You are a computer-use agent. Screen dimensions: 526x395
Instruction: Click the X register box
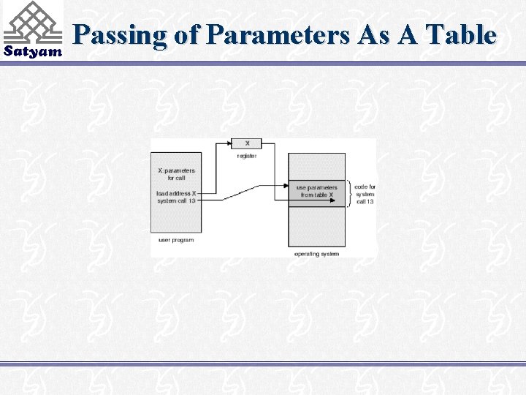pyautogui.click(x=246, y=143)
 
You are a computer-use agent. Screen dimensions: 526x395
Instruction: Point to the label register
pyautogui.click(x=246, y=156)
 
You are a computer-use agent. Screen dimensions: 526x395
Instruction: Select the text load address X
pyautogui.click(x=176, y=193)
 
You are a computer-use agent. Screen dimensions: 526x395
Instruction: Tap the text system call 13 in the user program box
pyautogui.click(x=176, y=200)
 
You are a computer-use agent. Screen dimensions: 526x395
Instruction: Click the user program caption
pyautogui.click(x=176, y=240)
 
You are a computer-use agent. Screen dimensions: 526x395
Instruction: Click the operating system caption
pyautogui.click(x=316, y=254)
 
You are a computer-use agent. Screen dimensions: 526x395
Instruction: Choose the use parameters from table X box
pyautogui.click(x=316, y=191)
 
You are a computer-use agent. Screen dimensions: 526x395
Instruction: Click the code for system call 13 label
pyautogui.click(x=365, y=194)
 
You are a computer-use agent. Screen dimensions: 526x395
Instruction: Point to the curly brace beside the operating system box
pyautogui.click(x=350, y=193)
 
